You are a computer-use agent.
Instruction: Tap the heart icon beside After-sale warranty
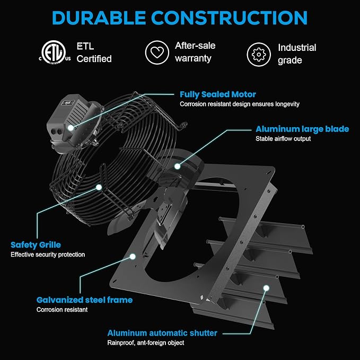[157, 52]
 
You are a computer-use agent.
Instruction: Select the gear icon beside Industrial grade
[259, 55]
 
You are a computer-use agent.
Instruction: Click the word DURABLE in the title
[99, 17]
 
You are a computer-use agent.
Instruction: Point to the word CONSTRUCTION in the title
[229, 17]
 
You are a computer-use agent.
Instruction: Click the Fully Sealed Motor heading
[218, 94]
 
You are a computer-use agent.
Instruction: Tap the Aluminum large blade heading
[302, 129]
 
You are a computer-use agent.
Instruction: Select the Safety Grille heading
[36, 245]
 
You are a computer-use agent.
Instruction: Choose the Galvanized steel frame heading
[84, 300]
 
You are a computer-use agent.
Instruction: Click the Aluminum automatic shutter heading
[162, 333]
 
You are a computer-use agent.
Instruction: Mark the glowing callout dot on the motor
[71, 128]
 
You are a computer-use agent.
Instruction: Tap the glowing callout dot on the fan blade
[177, 166]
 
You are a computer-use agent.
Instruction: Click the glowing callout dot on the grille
[99, 187]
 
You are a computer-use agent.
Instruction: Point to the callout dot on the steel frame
[133, 257]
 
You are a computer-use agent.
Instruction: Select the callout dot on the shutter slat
[266, 288]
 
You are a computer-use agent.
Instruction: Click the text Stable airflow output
[283, 139]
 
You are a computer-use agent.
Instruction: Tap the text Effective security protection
[48, 254]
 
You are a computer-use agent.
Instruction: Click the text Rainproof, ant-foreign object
[146, 343]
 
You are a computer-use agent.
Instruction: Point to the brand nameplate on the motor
[68, 103]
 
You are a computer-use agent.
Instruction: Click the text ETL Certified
[94, 52]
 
